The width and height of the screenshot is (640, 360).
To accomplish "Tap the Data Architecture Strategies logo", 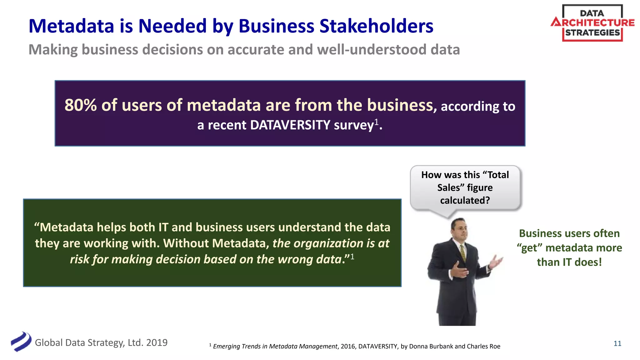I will [x=592, y=23].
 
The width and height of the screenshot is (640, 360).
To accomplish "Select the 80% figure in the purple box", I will [x=81, y=105].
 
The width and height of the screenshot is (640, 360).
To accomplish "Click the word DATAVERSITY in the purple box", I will [x=290, y=125].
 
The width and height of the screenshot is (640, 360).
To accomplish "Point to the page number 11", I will [x=617, y=343].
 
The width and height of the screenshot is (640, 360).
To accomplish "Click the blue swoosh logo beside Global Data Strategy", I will [x=21, y=342].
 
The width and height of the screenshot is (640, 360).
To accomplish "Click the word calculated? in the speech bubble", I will [x=465, y=200].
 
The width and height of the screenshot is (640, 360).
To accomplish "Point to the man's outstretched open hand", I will [x=497, y=261].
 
